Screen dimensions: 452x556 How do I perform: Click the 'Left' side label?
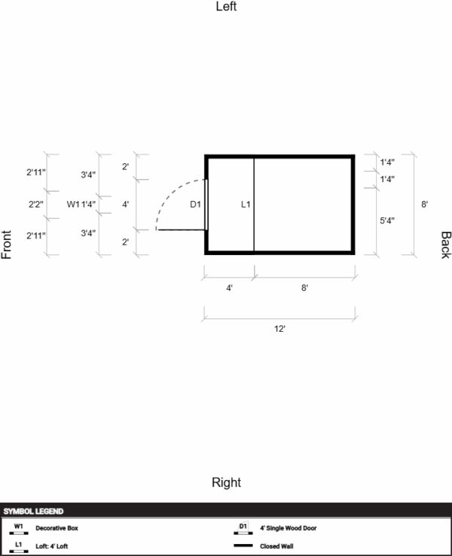coord(226,6)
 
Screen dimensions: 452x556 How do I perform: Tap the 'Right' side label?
coord(226,482)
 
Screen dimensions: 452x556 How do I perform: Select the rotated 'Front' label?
coord(6,245)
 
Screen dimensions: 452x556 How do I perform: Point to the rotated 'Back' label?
coord(446,245)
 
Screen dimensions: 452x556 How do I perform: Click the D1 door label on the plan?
coord(195,204)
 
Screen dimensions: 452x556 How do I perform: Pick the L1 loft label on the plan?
coord(246,204)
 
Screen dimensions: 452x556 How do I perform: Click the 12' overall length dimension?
coord(279,329)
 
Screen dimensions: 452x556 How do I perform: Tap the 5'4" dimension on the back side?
coord(387,220)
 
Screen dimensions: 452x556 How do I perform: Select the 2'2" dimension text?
coord(36,204)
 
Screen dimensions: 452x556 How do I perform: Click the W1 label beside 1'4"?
coord(73,204)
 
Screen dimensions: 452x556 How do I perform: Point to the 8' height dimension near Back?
coord(424,204)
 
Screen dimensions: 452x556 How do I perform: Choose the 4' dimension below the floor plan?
coord(229,288)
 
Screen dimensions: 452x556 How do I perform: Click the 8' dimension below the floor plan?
coord(304,288)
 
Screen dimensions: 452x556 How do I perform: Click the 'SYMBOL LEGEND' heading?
coord(33,512)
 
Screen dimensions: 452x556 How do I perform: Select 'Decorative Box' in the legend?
coord(56,528)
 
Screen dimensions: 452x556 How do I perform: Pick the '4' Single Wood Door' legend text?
coord(289,528)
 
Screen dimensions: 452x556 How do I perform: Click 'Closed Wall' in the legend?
coord(276,546)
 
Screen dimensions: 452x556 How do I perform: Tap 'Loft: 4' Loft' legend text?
coord(52,546)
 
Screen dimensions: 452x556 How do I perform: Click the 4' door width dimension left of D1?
coord(125,204)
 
